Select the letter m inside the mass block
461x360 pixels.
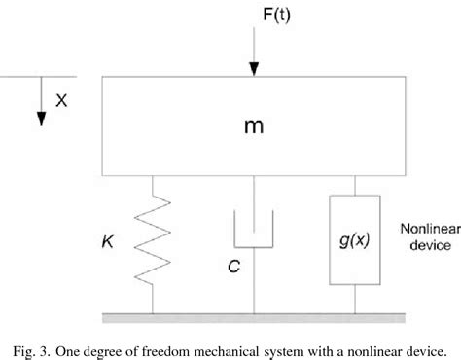click(x=255, y=127)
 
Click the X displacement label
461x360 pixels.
click(x=63, y=98)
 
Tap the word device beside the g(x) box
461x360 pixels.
click(x=420, y=248)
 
